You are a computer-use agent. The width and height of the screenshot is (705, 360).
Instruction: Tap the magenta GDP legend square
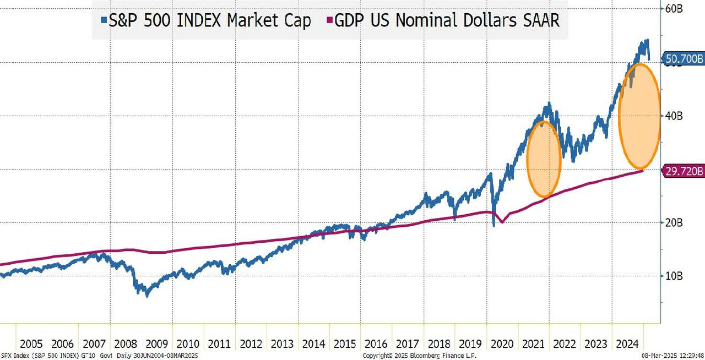[x=330, y=21]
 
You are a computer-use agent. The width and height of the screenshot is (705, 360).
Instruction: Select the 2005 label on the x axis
[x=31, y=344]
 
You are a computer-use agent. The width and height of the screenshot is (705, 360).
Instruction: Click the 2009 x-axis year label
[x=156, y=344]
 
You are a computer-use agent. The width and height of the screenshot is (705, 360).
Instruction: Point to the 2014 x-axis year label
[x=313, y=344]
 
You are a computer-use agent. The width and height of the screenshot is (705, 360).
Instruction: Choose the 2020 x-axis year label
[x=502, y=344]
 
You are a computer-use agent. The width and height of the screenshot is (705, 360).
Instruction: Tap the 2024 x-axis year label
[x=627, y=344]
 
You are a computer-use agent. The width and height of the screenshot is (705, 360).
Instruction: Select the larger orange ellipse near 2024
[x=639, y=117]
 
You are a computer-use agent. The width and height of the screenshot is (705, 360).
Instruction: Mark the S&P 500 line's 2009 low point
[x=147, y=296]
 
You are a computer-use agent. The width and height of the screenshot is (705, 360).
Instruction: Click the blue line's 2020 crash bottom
[x=494, y=225]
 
